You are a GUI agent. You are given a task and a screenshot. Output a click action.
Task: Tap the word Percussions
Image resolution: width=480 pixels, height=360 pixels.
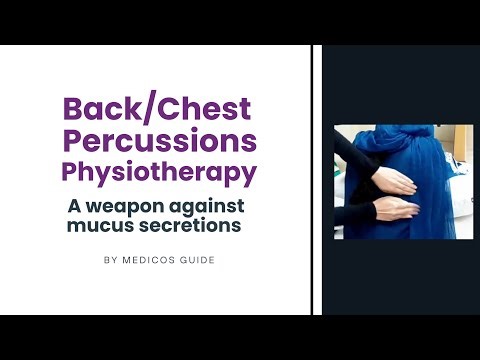point(159,139)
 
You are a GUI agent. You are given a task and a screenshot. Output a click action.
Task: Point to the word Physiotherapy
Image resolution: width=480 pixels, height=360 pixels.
point(159,172)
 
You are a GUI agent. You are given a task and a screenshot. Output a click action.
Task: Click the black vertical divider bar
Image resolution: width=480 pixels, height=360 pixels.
point(317,180)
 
